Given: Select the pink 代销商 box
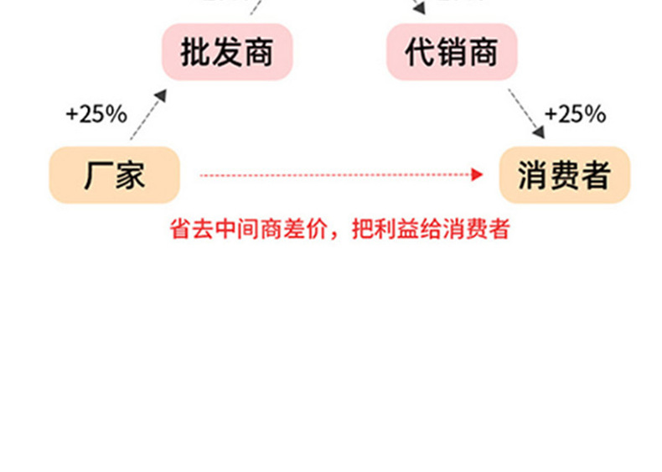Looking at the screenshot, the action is (451, 52).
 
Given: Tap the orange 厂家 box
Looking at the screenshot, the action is (115, 175).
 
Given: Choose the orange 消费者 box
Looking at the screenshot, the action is (563, 175).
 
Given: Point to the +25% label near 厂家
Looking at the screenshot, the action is (96, 114).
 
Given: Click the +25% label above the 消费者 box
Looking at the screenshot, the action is (575, 114).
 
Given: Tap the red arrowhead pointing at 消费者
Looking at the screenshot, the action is (478, 175).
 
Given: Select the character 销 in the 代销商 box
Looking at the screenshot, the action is (451, 52).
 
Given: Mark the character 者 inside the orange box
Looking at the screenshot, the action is (594, 175).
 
